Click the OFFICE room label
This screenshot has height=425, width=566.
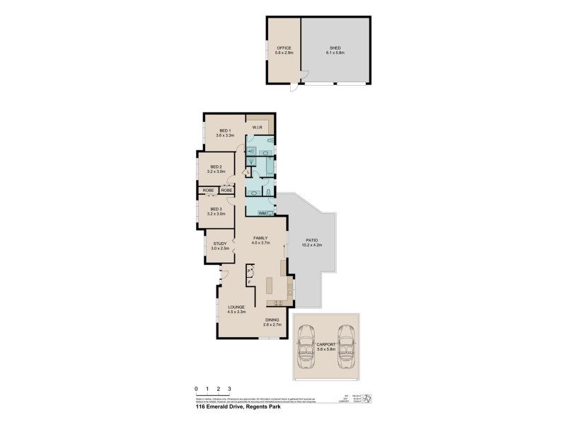(x=284, y=48)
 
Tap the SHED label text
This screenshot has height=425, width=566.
(x=335, y=48)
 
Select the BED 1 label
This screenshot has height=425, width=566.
(x=226, y=130)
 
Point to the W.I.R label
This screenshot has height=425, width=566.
(x=257, y=128)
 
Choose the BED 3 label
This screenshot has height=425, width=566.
(x=216, y=209)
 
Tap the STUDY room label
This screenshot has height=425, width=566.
(x=219, y=244)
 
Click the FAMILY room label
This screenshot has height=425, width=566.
(x=261, y=239)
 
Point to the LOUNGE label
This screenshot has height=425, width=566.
(x=236, y=307)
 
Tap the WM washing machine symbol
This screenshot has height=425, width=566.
(x=262, y=212)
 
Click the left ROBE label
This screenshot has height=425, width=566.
(x=209, y=190)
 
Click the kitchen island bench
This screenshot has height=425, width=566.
(x=270, y=285)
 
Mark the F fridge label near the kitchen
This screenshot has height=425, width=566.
(x=249, y=282)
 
